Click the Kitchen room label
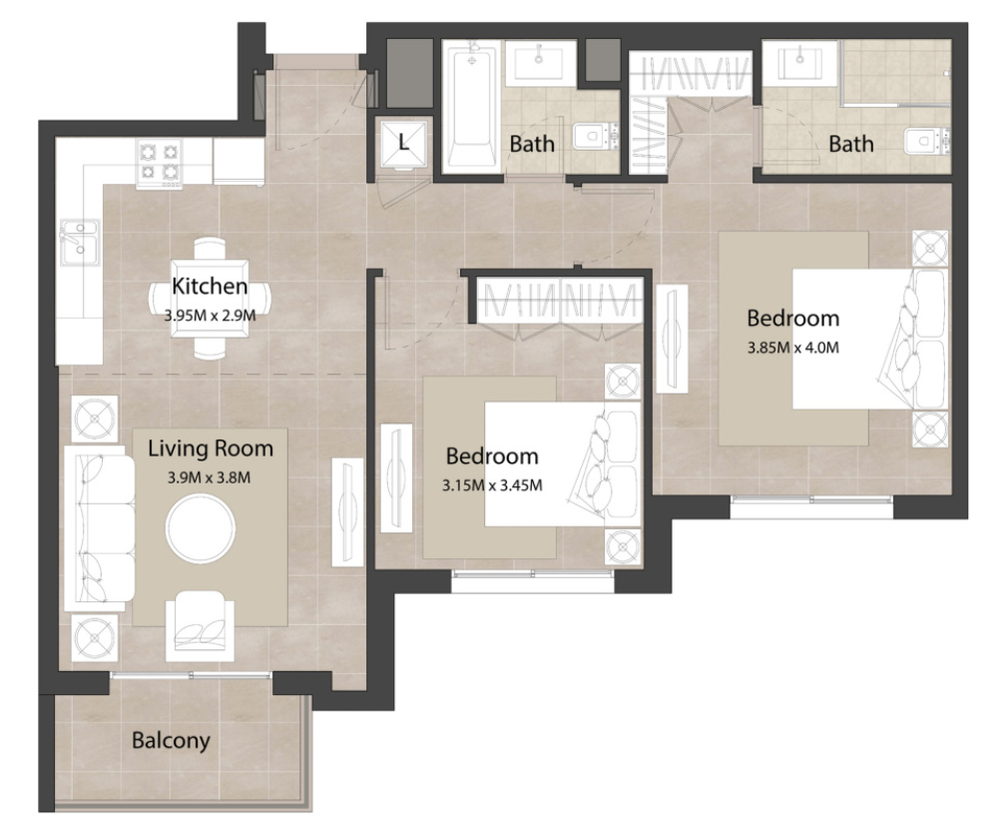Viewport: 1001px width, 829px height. (210, 286)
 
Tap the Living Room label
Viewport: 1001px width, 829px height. (211, 448)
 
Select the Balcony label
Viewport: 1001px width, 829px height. (171, 741)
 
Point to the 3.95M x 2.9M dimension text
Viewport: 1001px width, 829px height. (210, 316)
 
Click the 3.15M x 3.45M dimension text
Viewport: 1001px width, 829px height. (492, 486)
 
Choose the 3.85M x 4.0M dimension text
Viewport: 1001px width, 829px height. (792, 348)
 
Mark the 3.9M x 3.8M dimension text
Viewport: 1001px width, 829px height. (209, 477)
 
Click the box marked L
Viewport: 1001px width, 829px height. (403, 143)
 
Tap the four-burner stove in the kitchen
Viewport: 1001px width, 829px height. (159, 163)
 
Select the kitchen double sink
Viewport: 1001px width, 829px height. (80, 242)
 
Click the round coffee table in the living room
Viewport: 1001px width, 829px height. (201, 528)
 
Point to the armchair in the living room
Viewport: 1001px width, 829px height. (200, 626)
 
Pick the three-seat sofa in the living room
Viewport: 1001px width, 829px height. (99, 527)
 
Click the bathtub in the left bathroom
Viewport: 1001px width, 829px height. (471, 109)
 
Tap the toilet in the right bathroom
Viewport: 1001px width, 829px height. (926, 141)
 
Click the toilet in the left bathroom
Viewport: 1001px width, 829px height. (596, 136)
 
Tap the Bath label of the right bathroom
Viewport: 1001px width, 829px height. (851, 144)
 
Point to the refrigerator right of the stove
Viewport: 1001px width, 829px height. (239, 162)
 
